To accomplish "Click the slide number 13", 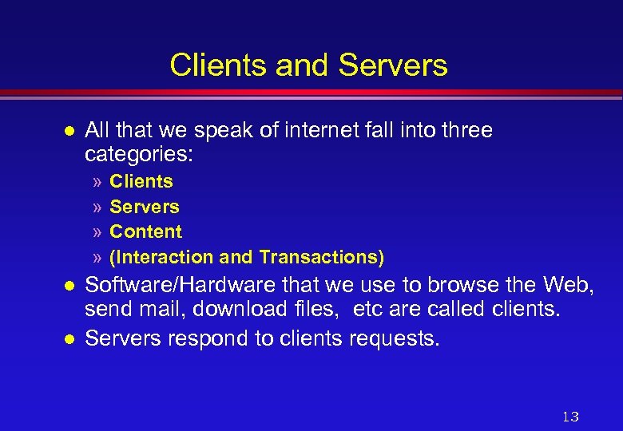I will point(570,417).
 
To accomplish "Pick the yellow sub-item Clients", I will point(141,181).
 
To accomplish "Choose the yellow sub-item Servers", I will point(145,207).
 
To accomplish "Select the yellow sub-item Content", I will point(146,231).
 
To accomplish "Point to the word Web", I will point(564,285).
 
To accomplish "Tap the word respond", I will point(206,338).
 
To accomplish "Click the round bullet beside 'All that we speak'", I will point(69,131).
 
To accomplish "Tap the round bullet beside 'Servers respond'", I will point(69,339).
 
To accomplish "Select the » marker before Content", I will point(97,232).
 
